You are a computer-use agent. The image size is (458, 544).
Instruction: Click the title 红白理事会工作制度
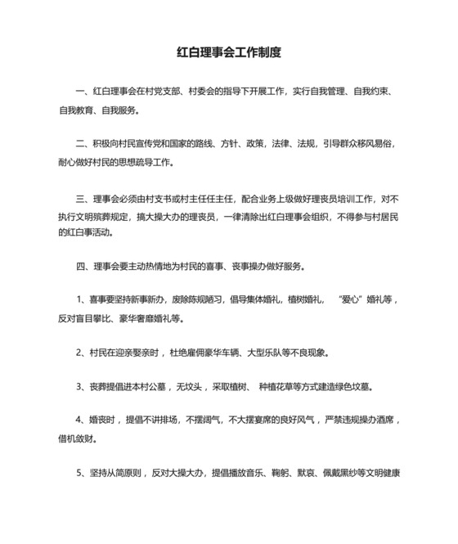pyautogui.click(x=229, y=52)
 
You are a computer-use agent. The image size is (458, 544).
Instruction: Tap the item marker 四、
pyautogui.click(x=80, y=267)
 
